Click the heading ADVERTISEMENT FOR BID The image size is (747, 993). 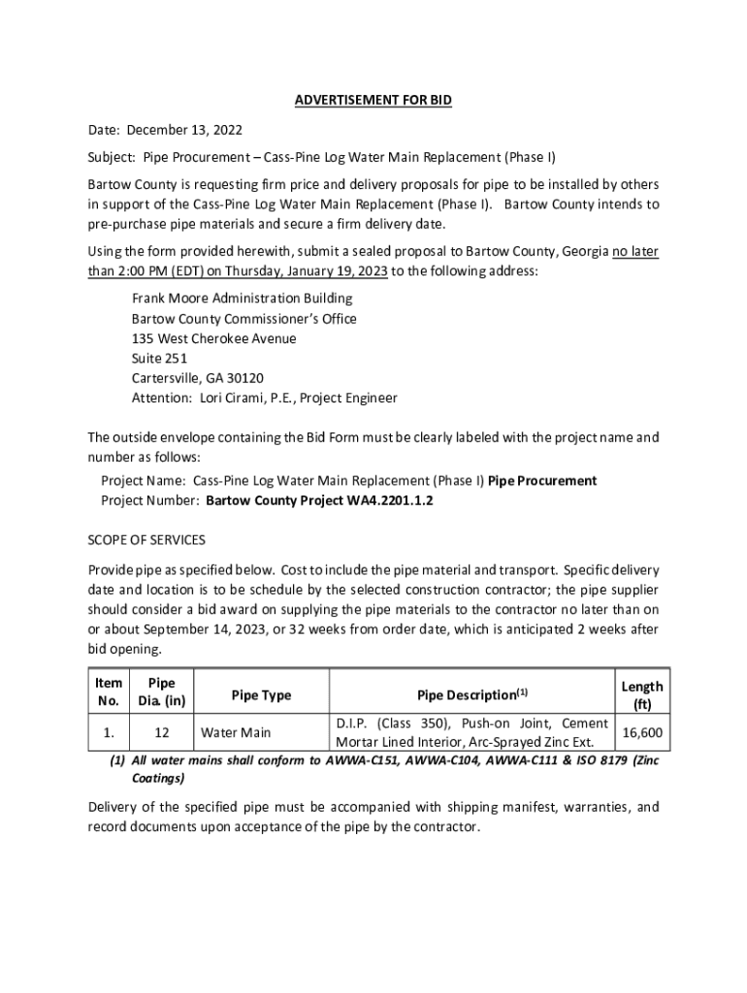point(373,101)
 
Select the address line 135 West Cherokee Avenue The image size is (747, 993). point(214,339)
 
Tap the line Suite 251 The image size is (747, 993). point(160,359)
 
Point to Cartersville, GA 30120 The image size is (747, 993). point(198,378)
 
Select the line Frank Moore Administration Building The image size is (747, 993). point(243,299)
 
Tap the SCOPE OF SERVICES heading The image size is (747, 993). point(146,539)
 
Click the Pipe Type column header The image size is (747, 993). point(260,695)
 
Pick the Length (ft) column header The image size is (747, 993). point(642,695)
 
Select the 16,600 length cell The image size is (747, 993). point(642,733)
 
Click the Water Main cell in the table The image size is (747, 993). point(236,733)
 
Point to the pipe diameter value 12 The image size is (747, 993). point(163,733)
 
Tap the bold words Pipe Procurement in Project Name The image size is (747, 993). point(542,481)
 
